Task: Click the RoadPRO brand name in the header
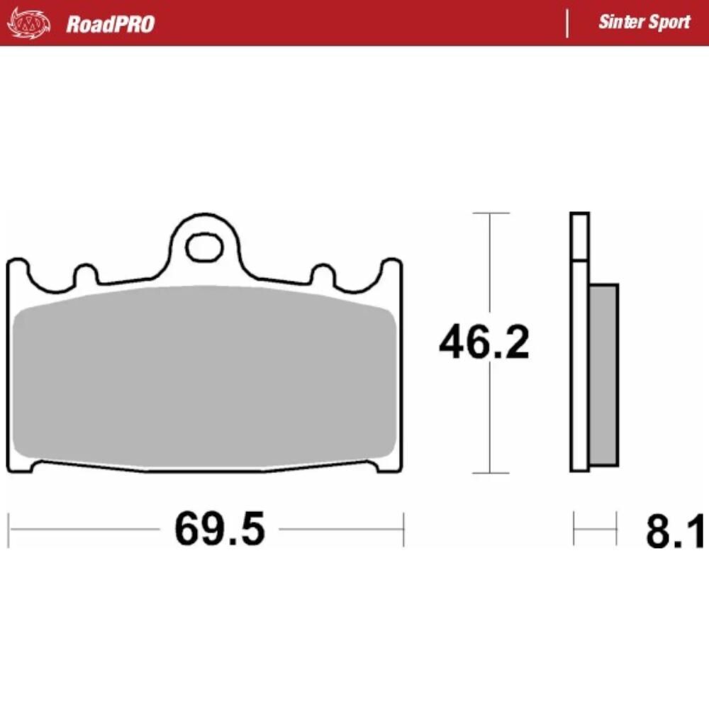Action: pos(110,24)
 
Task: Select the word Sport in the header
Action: pos(668,22)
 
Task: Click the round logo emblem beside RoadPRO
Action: pos(29,24)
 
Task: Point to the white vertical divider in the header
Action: pos(566,23)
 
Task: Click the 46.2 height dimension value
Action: pos(484,344)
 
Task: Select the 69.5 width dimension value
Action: pos(220,529)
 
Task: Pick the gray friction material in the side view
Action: pos(603,374)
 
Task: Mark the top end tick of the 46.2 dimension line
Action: pos(490,213)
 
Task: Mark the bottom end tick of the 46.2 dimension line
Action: pos(490,473)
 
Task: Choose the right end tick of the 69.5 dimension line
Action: pos(403,529)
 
